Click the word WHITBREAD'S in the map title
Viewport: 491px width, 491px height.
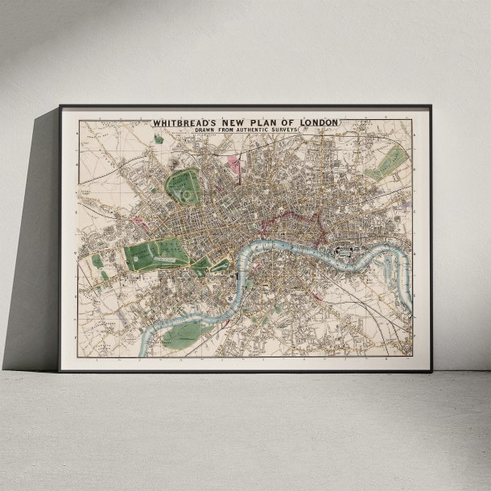179,123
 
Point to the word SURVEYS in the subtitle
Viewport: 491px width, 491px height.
281,130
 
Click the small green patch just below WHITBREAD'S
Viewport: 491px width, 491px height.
159,138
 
